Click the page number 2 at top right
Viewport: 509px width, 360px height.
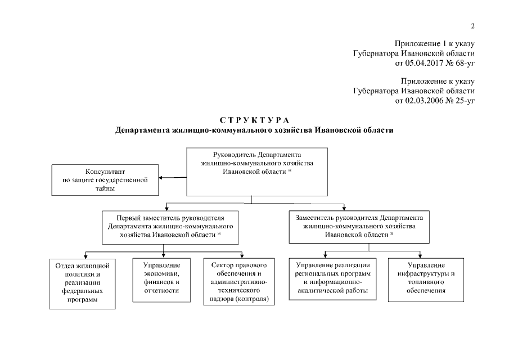[x=473, y=26]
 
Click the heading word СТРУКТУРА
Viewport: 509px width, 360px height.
[x=254, y=120]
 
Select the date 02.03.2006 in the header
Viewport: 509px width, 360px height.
[x=422, y=101]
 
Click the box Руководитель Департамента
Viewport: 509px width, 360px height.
[x=256, y=172]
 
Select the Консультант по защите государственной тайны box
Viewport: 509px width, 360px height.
[x=105, y=179]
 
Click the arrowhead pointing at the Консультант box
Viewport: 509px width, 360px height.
[x=161, y=178]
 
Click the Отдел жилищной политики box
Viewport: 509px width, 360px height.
[x=83, y=282]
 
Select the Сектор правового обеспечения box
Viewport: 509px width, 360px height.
[x=238, y=281]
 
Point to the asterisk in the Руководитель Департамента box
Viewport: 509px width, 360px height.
[x=290, y=171]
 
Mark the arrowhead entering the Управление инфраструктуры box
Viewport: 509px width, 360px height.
[x=421, y=255]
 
